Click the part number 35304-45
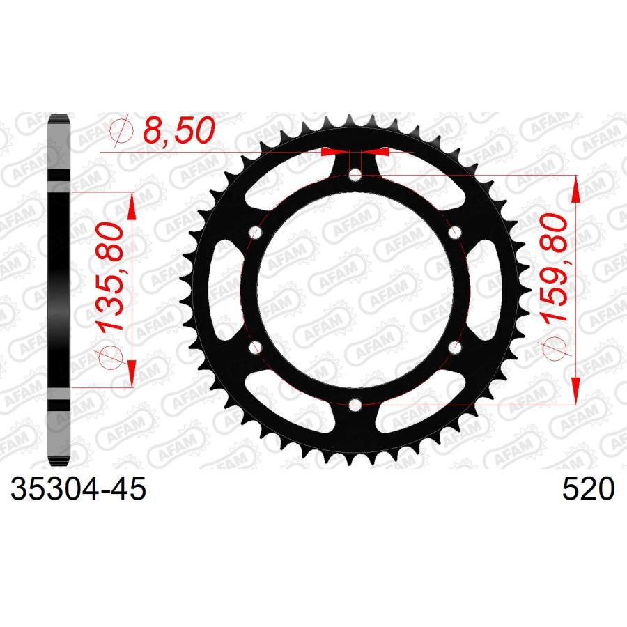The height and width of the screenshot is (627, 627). pyautogui.click(x=78, y=490)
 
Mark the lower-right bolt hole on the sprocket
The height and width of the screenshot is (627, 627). pyautogui.click(x=455, y=346)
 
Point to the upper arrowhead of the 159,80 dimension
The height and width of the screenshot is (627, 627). pyautogui.click(x=575, y=188)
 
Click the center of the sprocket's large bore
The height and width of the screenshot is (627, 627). pyautogui.click(x=356, y=288)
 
